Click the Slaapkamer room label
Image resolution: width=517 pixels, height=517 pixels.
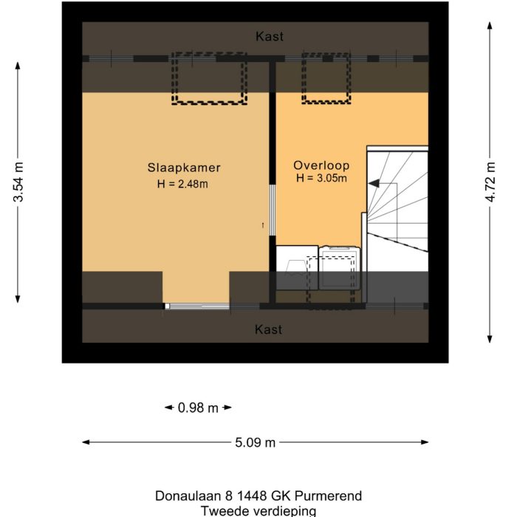[x=184, y=168]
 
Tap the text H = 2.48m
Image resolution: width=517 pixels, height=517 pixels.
[x=182, y=184]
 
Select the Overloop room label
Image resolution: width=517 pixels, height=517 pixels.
[x=321, y=165]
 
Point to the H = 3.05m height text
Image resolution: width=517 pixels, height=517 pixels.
[x=321, y=178]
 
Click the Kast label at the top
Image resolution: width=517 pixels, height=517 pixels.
[x=269, y=36]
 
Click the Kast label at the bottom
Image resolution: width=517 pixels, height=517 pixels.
[x=269, y=329]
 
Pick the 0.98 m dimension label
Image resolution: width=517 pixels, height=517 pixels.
[x=198, y=407]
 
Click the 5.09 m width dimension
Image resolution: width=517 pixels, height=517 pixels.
[x=255, y=442]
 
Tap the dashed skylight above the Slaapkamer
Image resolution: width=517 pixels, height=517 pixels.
[x=210, y=78]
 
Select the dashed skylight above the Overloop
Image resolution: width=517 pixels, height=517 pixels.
[x=326, y=78]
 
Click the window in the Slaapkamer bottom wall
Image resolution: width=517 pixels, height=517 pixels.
[x=196, y=306]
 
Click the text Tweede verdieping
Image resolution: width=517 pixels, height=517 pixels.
[x=258, y=510]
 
